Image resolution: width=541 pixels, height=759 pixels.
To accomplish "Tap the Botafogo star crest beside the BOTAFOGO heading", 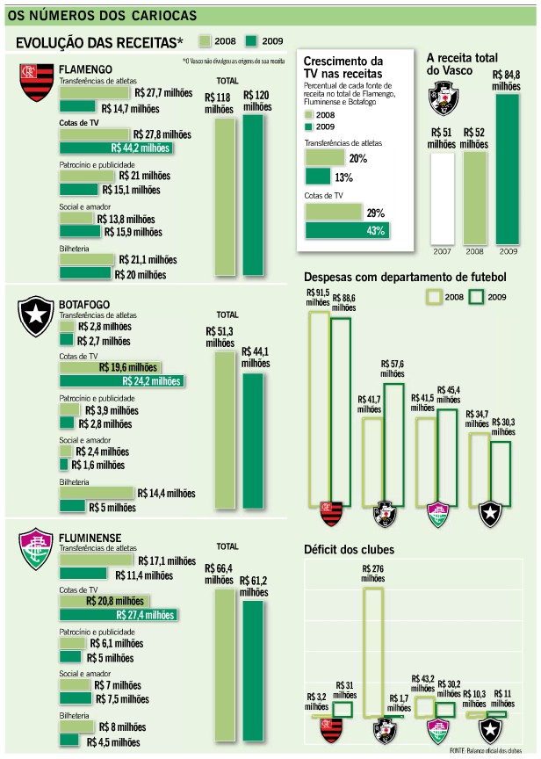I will (x=36, y=317).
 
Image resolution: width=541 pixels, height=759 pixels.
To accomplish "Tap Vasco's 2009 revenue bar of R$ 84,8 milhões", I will (x=508, y=168).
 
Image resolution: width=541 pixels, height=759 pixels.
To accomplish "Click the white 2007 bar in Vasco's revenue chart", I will (x=442, y=198).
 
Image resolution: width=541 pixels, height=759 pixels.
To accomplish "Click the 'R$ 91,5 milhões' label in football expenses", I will (x=317, y=298).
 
